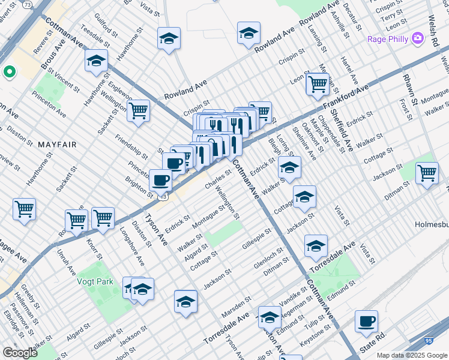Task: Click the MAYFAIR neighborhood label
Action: point(56,145)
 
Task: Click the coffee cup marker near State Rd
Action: point(366,321)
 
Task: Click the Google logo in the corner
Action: point(20,353)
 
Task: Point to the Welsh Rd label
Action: point(433,31)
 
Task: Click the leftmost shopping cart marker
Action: point(24,209)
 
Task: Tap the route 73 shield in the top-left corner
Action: point(28,4)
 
